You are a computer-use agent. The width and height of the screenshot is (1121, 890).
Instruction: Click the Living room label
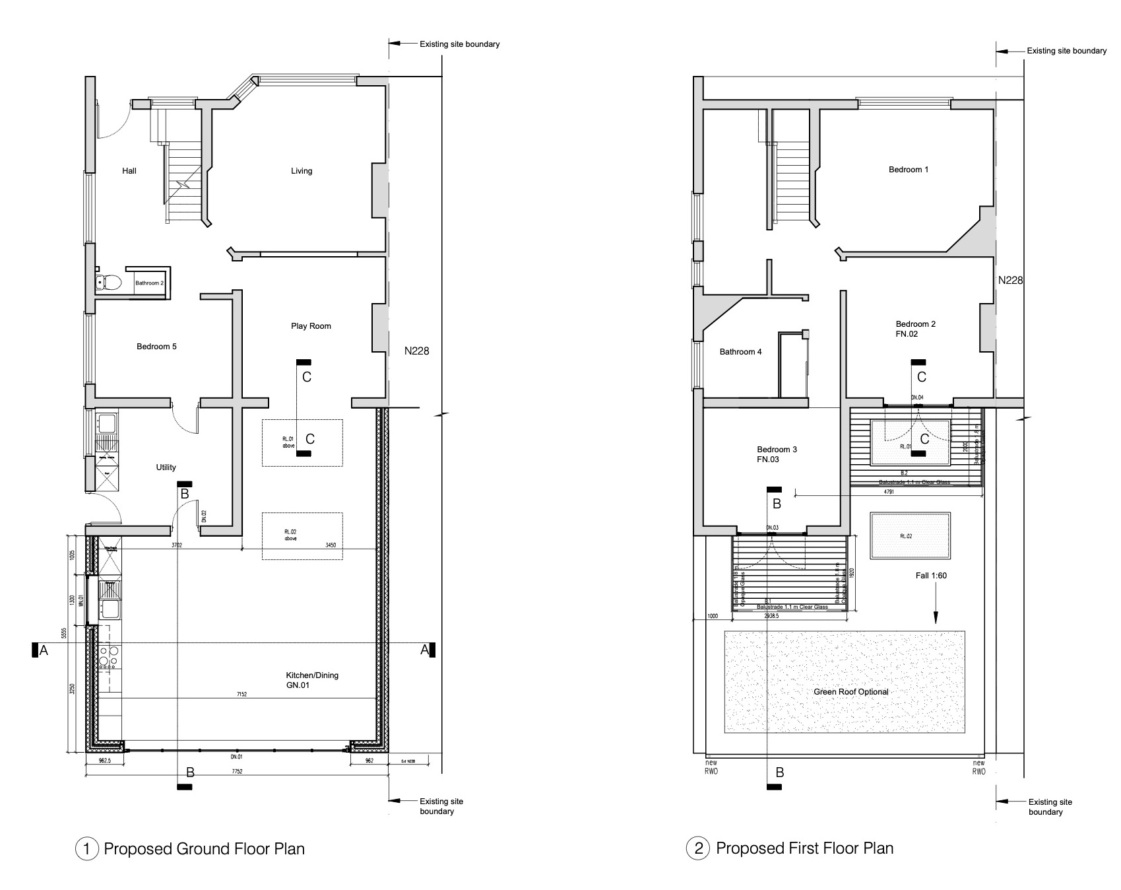302,171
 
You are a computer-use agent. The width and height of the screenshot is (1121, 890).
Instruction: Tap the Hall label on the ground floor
129,171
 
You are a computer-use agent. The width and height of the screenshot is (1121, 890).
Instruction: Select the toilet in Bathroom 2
109,283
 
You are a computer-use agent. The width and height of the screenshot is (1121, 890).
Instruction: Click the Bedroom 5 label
156,347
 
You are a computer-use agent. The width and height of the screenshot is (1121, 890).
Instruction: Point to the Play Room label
311,326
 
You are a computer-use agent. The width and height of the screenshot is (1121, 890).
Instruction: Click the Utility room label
166,467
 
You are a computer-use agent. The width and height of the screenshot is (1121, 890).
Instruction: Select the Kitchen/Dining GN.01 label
311,680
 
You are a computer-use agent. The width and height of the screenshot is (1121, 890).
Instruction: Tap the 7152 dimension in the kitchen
242,695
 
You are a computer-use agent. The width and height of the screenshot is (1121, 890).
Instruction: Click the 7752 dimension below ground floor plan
236,771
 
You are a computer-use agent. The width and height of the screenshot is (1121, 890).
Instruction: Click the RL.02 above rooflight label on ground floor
290,535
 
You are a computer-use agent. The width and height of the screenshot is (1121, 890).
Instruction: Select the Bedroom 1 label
908,170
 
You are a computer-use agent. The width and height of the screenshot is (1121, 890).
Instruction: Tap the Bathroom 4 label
740,352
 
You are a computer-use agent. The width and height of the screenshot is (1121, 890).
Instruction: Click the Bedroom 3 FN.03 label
777,454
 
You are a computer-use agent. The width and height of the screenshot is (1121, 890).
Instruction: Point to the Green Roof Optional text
850,692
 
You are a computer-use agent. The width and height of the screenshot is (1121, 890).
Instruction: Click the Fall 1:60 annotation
930,576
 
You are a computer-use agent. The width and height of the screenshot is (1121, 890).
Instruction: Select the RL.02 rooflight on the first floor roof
911,535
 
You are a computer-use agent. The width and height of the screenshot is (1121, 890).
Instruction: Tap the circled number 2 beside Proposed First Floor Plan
698,848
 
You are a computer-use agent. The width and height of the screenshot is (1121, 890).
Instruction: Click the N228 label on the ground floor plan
416,351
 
